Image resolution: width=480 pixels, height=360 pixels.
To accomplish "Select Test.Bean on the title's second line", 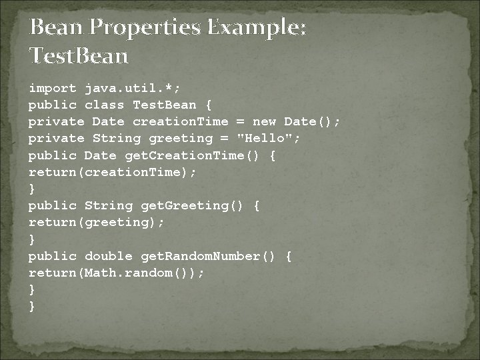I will tap(79, 56).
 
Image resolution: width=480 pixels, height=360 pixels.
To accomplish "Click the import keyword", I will tap(52, 88).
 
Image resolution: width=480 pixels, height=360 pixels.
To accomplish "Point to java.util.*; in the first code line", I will tap(131, 88).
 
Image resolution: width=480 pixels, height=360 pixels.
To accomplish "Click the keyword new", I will tap(264, 121).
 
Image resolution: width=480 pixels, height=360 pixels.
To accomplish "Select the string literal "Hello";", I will tap(269, 138).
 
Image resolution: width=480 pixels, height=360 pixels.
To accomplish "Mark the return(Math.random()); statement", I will tap(117, 273).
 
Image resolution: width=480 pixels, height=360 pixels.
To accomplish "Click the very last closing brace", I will tap(31, 306).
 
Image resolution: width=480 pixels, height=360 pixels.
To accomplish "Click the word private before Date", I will tap(56, 121).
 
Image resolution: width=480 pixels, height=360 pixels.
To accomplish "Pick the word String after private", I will tap(117, 138).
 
